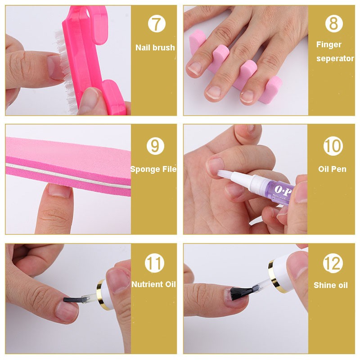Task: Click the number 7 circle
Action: pyautogui.click(x=156, y=24)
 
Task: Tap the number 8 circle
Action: pyautogui.click(x=333, y=24)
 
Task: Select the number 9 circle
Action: pyautogui.click(x=155, y=146)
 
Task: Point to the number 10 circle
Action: pyautogui.click(x=333, y=146)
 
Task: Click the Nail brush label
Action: pyautogui.click(x=155, y=47)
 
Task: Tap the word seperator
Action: pyautogui.click(x=335, y=58)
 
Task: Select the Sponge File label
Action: pyautogui.click(x=153, y=169)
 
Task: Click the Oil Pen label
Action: pyautogui.click(x=333, y=170)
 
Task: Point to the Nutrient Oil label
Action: pyautogui.click(x=153, y=284)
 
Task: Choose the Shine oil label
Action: pyautogui.click(x=331, y=285)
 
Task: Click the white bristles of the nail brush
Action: pyautogui.click(x=59, y=67)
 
